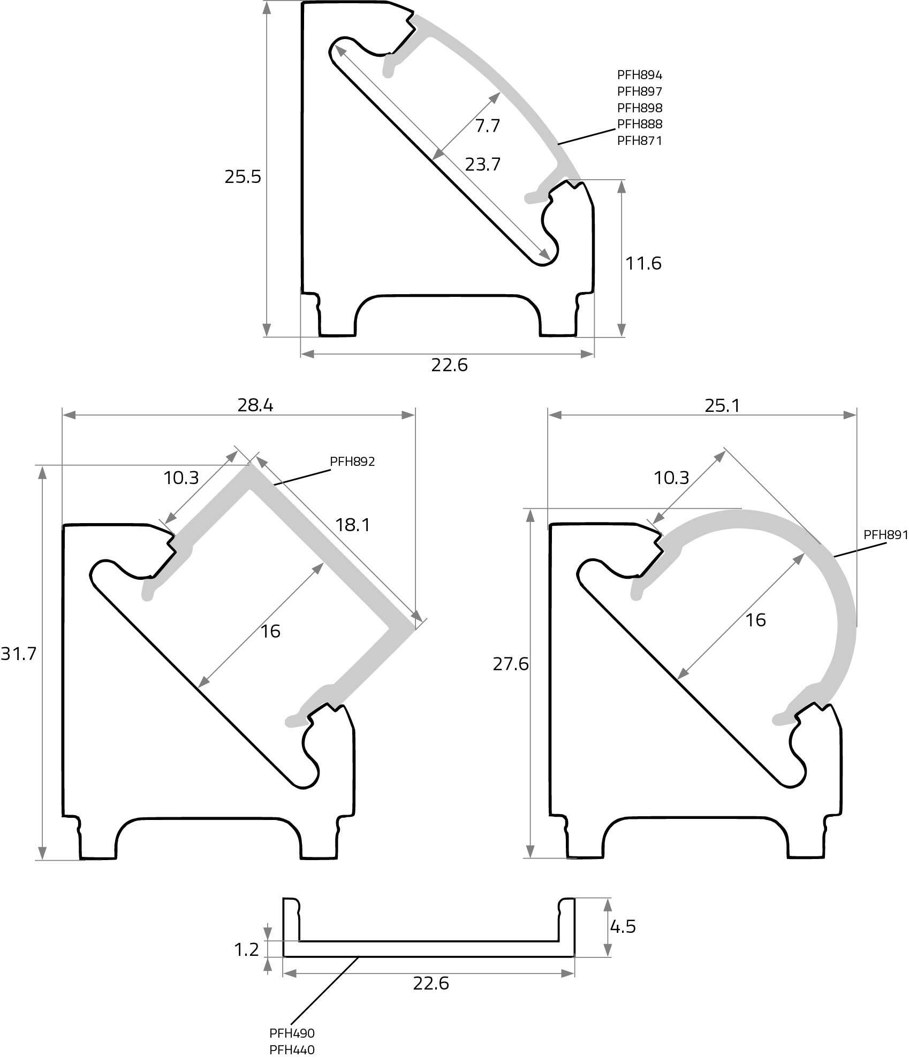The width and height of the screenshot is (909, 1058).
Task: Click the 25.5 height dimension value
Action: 243,177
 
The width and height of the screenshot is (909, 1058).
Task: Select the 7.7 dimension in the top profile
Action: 487,126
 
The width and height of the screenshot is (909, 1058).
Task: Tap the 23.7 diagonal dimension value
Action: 482,164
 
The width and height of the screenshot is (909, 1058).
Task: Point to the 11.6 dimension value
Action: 643,263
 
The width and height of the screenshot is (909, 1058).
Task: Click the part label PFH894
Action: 640,75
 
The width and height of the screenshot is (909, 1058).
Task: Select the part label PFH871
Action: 640,141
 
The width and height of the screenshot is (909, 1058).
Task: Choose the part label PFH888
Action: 640,124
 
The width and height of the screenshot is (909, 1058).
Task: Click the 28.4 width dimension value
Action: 255,405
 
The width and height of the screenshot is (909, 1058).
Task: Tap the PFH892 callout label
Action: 352,462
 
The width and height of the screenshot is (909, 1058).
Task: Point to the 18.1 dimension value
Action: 353,525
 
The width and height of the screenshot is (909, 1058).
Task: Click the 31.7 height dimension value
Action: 18,653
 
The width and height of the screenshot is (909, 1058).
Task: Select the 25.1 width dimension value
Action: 722,406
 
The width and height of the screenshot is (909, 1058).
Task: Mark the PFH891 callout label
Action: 885,534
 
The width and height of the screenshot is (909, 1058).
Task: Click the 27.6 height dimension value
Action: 511,664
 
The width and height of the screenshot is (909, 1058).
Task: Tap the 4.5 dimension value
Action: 623,926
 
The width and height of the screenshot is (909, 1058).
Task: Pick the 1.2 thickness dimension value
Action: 246,949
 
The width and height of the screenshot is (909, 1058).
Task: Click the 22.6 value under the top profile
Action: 449,365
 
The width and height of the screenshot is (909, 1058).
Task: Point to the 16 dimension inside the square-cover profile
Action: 270,631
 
